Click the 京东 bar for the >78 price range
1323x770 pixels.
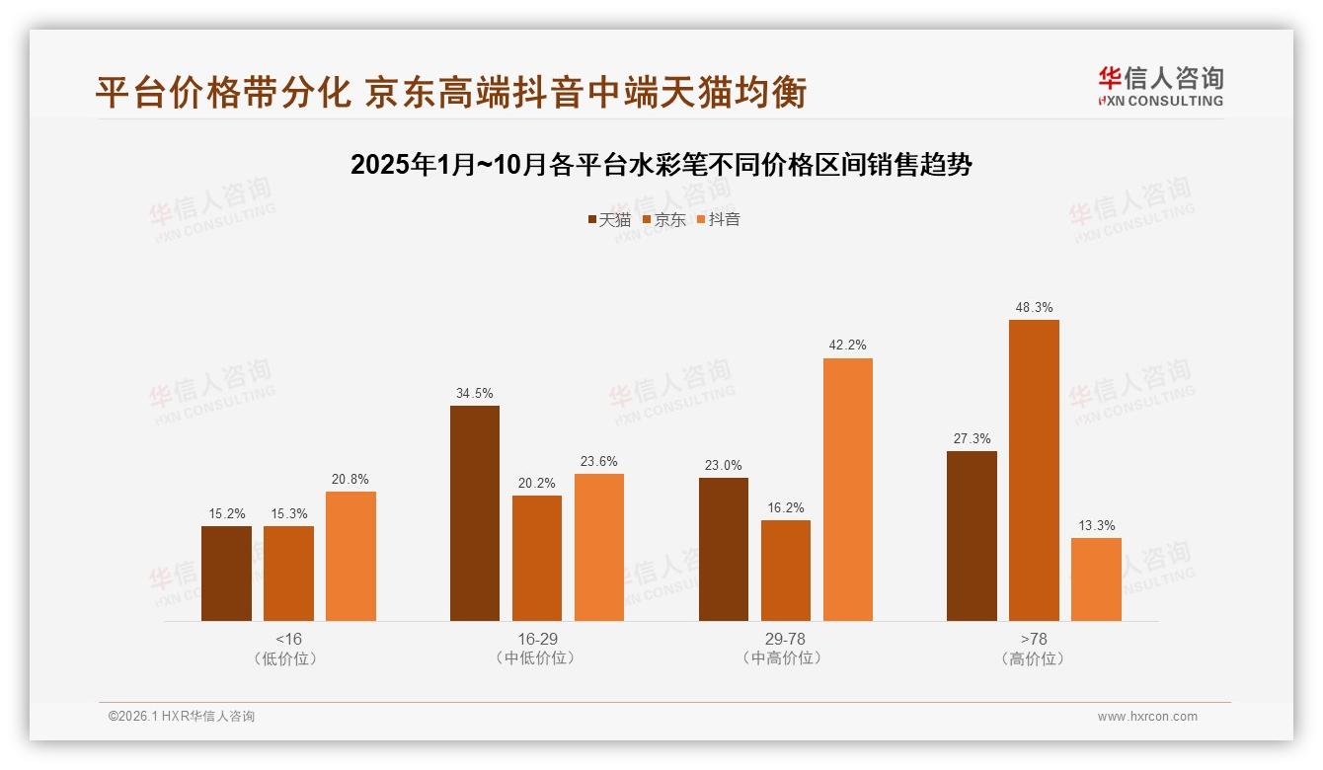click(x=1034, y=470)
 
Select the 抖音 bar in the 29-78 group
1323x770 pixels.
click(x=848, y=490)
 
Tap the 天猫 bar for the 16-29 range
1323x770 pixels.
click(x=475, y=513)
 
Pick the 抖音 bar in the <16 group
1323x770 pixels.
click(x=350, y=556)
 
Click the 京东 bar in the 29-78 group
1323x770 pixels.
click(x=786, y=571)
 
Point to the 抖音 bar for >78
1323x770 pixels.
click(x=1096, y=579)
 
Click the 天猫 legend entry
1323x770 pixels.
click(x=608, y=220)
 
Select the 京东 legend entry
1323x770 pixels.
click(x=663, y=220)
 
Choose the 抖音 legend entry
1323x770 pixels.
click(x=719, y=220)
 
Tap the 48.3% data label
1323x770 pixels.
click(x=1034, y=308)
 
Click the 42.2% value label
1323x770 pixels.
click(x=848, y=346)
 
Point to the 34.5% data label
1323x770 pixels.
click(x=475, y=393)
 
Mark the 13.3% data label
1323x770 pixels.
click(x=1096, y=525)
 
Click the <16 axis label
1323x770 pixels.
click(x=289, y=639)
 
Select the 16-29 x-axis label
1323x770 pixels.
click(x=537, y=639)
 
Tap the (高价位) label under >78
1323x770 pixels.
click(x=1034, y=658)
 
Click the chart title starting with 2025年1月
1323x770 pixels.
click(x=661, y=165)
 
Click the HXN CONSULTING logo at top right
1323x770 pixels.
click(x=1160, y=87)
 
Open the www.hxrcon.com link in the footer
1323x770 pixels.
click(x=1147, y=717)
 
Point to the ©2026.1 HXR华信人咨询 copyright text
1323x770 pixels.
click(x=182, y=717)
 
